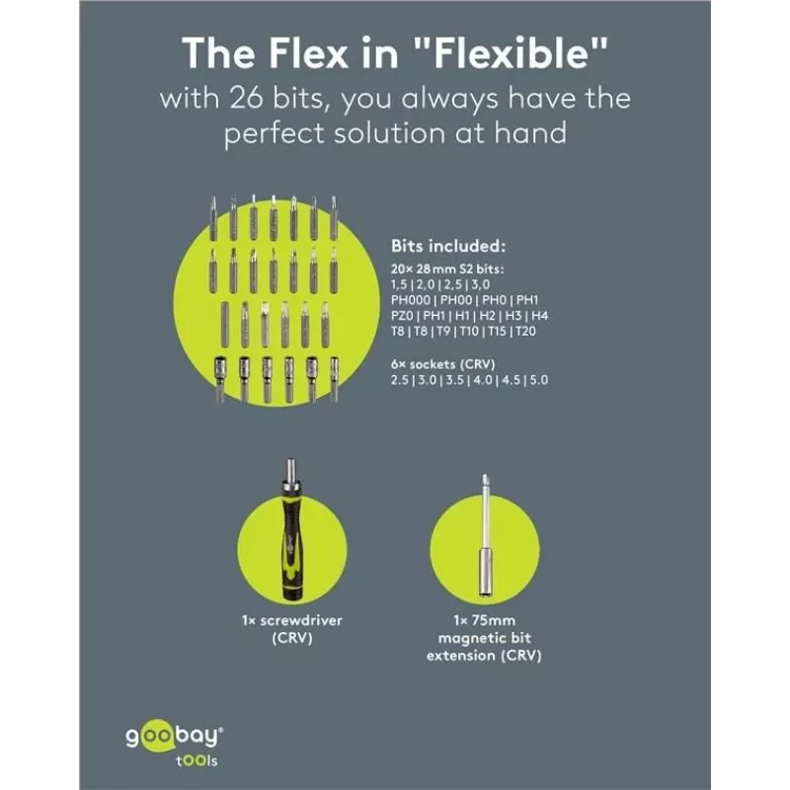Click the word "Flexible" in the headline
point(513,52)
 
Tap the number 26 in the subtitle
point(246,97)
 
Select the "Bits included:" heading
point(448,246)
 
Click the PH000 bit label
point(411,300)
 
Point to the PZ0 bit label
point(402,316)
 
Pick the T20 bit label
point(525,332)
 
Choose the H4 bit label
point(539,316)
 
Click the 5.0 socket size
point(538,380)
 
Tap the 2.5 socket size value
point(400,380)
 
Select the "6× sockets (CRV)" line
point(442,364)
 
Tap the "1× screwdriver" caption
point(291,620)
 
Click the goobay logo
point(175,738)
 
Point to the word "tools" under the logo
point(197,760)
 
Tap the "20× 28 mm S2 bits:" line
point(447,269)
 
